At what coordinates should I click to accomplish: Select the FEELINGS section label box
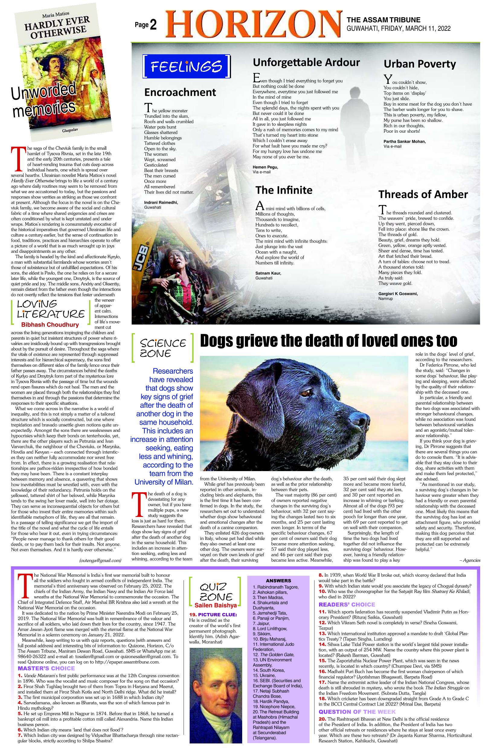pyautogui.click(x=187, y=67)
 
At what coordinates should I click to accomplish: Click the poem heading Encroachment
pyautogui.click(x=180, y=92)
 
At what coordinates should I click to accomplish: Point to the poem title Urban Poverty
pyautogui.click(x=419, y=64)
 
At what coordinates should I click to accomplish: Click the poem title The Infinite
pyautogui.click(x=284, y=190)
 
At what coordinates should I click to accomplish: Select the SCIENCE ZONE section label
pyautogui.click(x=163, y=348)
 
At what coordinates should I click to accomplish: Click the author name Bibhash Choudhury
pyautogui.click(x=50, y=325)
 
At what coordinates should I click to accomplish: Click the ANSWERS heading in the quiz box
pyautogui.click(x=278, y=581)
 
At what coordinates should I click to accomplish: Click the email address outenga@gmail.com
pyautogui.click(x=100, y=560)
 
